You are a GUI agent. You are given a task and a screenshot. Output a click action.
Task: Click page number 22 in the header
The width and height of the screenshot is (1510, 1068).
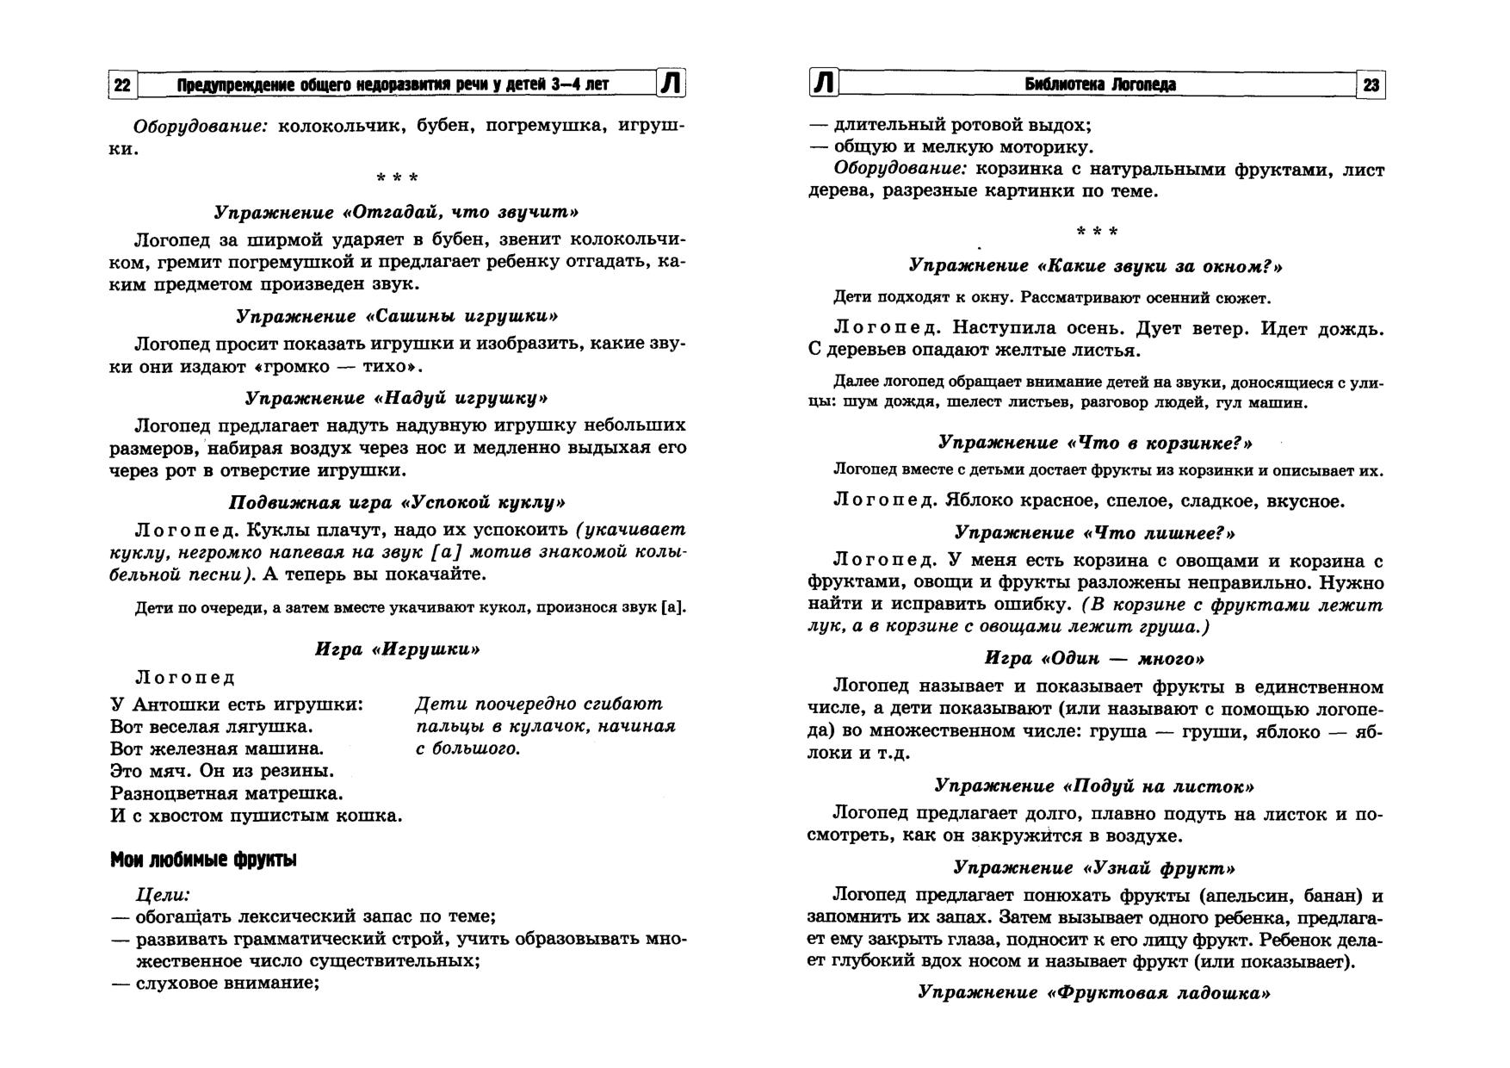(122, 84)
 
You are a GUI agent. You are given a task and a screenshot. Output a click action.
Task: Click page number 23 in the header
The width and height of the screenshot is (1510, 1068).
(1371, 84)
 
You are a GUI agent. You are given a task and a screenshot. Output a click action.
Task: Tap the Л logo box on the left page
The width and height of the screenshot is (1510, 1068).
(672, 84)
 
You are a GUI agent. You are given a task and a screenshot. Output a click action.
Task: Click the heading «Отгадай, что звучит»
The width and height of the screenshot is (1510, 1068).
(396, 212)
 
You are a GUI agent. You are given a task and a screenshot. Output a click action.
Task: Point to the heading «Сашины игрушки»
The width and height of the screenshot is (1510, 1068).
(397, 316)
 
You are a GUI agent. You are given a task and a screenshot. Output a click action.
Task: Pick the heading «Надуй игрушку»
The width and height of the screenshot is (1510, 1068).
(396, 398)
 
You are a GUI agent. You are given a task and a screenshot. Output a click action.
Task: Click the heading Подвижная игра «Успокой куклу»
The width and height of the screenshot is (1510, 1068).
(397, 502)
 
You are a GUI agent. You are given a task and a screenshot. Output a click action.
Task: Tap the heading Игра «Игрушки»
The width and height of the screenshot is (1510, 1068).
(397, 649)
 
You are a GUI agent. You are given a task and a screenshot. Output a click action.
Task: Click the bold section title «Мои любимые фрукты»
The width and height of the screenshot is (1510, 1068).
(203, 860)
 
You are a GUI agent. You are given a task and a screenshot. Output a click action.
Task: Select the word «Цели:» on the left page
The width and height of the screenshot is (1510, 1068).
(163, 895)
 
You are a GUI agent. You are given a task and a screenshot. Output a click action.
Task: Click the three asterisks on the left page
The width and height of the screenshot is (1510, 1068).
(397, 179)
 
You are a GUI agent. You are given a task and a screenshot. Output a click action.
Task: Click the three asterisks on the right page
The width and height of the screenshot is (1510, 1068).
(1097, 233)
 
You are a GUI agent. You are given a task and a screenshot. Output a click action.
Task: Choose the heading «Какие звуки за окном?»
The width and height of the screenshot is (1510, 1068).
(1096, 266)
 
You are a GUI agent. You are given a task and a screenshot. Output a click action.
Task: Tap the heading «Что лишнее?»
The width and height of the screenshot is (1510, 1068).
(1094, 533)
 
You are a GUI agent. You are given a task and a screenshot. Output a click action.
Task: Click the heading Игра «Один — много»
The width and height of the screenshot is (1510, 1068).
(1094, 659)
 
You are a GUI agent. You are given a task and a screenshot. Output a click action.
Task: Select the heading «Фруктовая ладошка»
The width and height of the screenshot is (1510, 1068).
(1094, 992)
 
